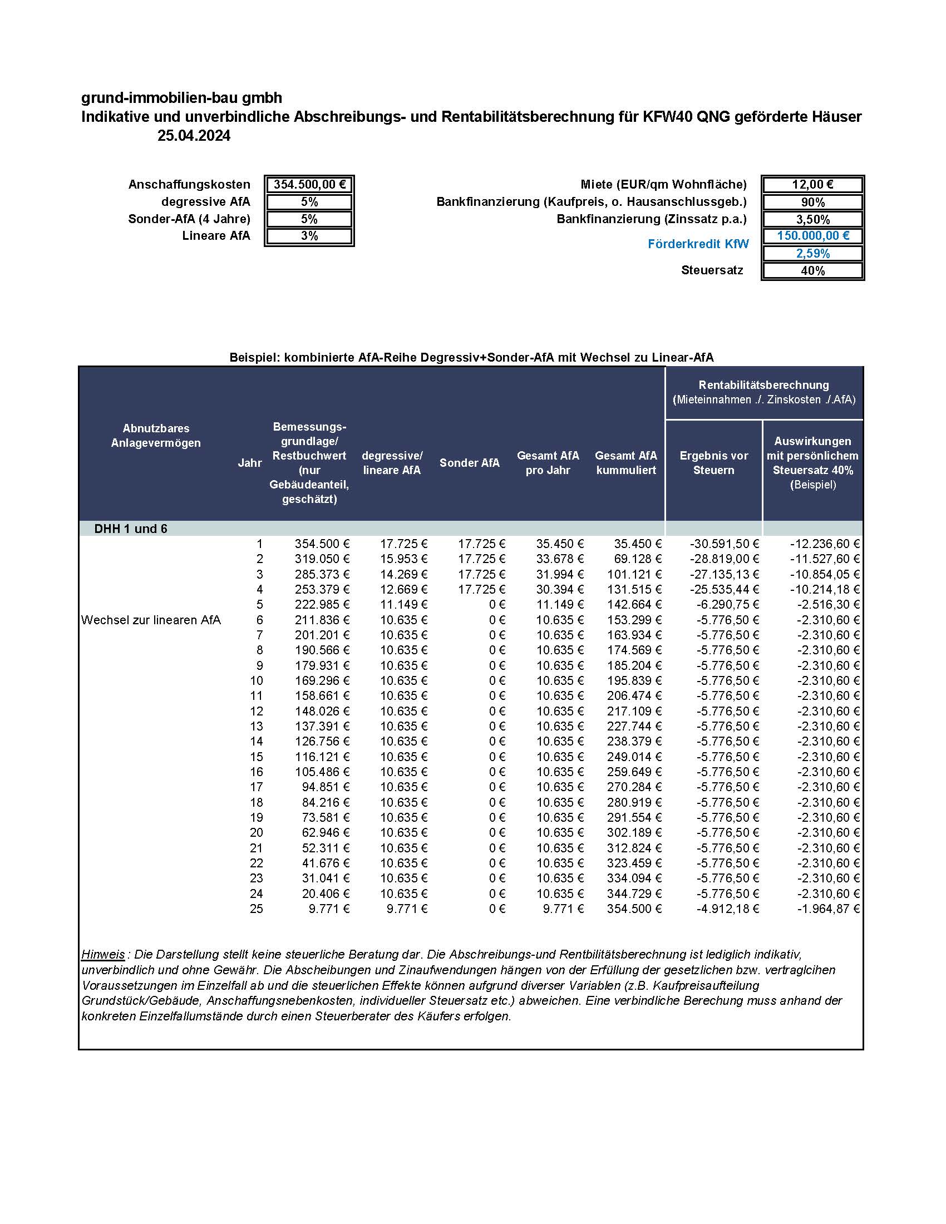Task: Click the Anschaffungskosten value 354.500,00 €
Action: coord(309,184)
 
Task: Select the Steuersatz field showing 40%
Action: coord(812,271)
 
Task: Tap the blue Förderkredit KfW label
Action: coord(698,244)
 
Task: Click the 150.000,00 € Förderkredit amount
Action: coord(812,236)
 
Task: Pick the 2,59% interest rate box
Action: coord(812,253)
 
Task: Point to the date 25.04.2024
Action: coord(193,136)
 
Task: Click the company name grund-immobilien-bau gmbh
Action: coord(181,97)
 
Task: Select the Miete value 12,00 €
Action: coord(812,184)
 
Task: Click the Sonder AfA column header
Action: coord(469,462)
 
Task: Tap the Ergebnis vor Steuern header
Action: coord(713,462)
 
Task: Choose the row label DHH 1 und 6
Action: coord(131,529)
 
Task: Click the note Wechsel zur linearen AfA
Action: coord(151,620)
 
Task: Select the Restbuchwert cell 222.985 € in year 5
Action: coord(322,604)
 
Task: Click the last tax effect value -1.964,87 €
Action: coord(828,909)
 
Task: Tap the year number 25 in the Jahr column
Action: coord(256,909)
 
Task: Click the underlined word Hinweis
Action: coord(103,954)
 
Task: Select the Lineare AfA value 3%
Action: coord(309,236)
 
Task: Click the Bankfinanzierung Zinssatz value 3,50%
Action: coord(812,219)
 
